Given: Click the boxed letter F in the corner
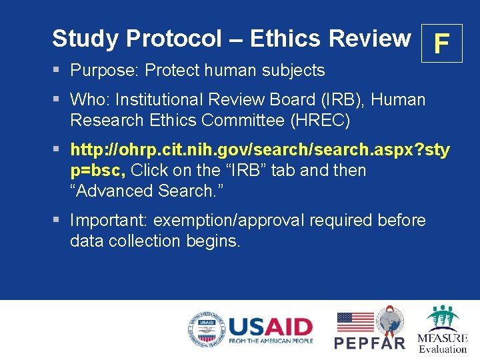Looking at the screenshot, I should coord(441,43).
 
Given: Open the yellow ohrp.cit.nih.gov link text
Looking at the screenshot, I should coord(260,149).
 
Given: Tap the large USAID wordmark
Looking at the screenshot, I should coord(270,327).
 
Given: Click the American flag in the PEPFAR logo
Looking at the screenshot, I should coord(355,321).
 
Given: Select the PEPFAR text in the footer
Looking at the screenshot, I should coord(369,343).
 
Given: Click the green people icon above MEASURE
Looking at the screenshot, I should coord(443,317).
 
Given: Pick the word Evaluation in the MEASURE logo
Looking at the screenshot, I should coord(443,349).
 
